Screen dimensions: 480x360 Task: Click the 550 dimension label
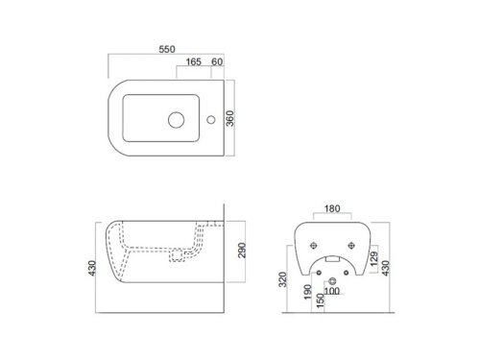pos(167,49)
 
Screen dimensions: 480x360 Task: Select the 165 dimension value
pos(194,61)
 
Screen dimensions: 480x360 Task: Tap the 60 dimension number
pos(217,61)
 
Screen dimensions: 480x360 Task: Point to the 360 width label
pos(230,118)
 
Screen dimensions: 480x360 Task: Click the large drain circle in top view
pos(176,120)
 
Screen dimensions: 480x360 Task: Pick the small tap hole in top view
pos(211,120)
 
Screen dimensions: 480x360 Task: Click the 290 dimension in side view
pos(242,251)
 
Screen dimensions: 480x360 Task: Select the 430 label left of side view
pos(92,268)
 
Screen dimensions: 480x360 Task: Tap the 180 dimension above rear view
pos(332,208)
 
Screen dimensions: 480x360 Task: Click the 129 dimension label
pos(374,259)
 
